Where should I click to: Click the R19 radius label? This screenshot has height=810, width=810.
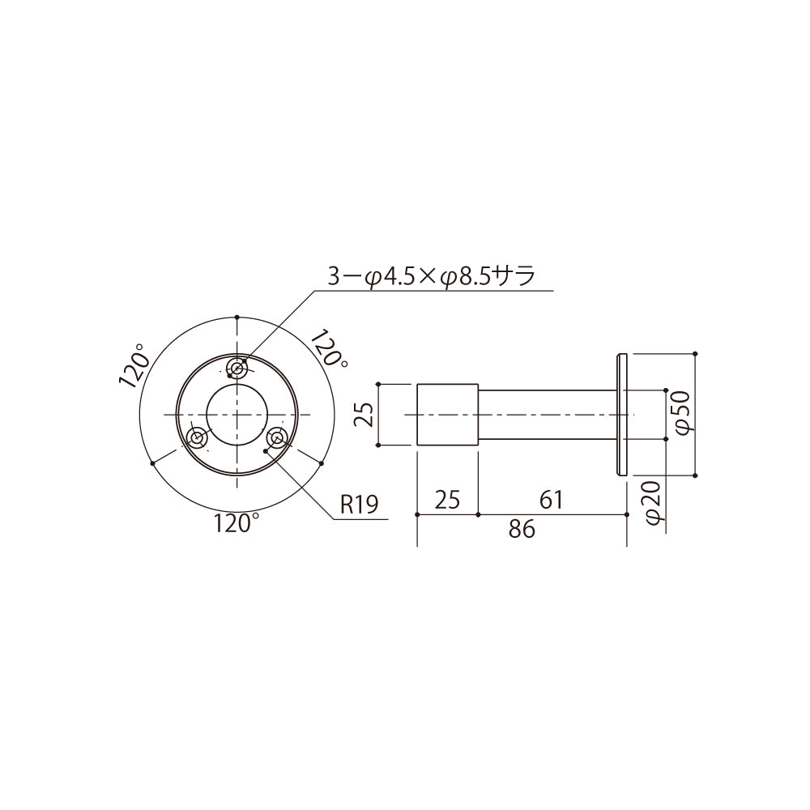click(x=359, y=505)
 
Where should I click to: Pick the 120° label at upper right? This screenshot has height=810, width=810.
click(x=330, y=349)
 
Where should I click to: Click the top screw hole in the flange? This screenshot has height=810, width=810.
click(x=237, y=369)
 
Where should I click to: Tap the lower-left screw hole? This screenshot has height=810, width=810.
click(x=198, y=438)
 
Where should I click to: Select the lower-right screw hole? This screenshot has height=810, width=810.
click(x=277, y=438)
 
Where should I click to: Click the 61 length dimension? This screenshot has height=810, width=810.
click(x=551, y=500)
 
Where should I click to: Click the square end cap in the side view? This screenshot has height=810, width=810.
click(x=447, y=415)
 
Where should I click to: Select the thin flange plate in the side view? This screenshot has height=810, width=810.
click(x=622, y=415)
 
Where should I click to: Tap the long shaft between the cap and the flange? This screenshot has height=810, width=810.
click(x=547, y=415)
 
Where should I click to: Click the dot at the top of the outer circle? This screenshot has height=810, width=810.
click(x=237, y=316)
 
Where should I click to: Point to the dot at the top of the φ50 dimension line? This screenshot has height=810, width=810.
click(x=696, y=354)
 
